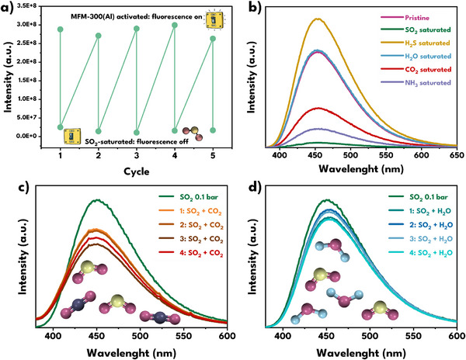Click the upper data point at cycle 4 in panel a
click(x=175, y=26)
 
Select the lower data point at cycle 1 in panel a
click(x=61, y=127)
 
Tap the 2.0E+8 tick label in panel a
click(x=25, y=62)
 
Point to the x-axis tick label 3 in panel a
click(x=137, y=155)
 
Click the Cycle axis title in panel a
click(x=137, y=171)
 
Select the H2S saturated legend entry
click(x=416, y=43)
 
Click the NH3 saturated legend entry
click(x=416, y=83)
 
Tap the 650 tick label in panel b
click(x=457, y=155)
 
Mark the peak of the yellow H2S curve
click(x=318, y=19)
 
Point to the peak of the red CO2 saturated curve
click(x=318, y=109)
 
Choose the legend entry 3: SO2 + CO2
click(x=191, y=239)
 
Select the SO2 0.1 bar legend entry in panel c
click(x=190, y=197)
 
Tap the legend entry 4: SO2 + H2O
click(x=420, y=253)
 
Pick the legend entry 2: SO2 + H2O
click(x=420, y=225)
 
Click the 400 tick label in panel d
click(x=283, y=336)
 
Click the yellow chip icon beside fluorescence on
click(x=214, y=20)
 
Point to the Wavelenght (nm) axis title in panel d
click(x=361, y=353)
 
